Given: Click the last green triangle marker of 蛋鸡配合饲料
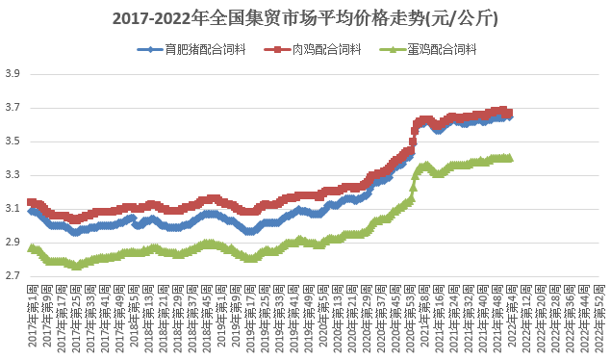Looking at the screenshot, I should pyautogui.click(x=509, y=158).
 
